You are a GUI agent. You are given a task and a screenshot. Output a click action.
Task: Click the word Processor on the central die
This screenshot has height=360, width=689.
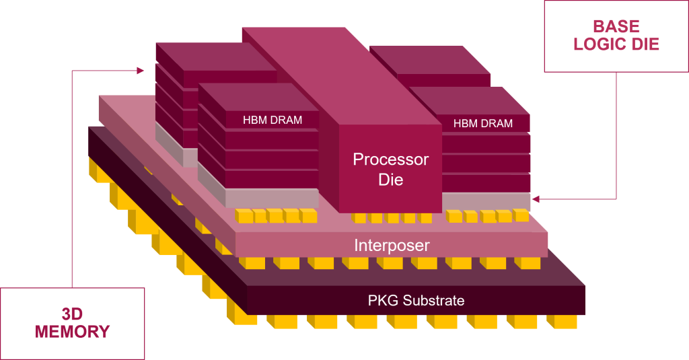pos(390,160)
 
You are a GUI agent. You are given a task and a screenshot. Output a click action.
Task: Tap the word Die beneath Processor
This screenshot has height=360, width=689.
pos(390,180)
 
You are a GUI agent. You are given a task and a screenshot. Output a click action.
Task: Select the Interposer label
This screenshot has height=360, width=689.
pos(392,245)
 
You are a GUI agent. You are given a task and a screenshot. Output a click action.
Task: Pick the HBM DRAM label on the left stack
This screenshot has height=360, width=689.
pos(272,120)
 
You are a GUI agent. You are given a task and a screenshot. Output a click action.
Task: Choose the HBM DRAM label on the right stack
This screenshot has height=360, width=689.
pos(482,123)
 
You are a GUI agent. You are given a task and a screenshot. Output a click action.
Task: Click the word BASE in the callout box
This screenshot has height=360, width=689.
pos(616,27)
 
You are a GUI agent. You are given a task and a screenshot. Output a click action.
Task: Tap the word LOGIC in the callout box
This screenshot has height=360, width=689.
pos(599,45)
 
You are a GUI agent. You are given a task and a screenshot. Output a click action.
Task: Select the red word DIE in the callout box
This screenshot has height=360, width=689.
pos(644,45)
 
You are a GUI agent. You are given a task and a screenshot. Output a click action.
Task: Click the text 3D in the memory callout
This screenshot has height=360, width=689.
pos(72,314)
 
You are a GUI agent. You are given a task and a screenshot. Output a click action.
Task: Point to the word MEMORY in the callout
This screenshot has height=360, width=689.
pos(72,332)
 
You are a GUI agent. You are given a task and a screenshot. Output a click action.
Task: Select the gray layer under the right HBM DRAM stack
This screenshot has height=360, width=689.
pos(486,201)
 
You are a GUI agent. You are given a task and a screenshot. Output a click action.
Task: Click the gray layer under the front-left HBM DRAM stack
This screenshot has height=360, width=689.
pos(269,198)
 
